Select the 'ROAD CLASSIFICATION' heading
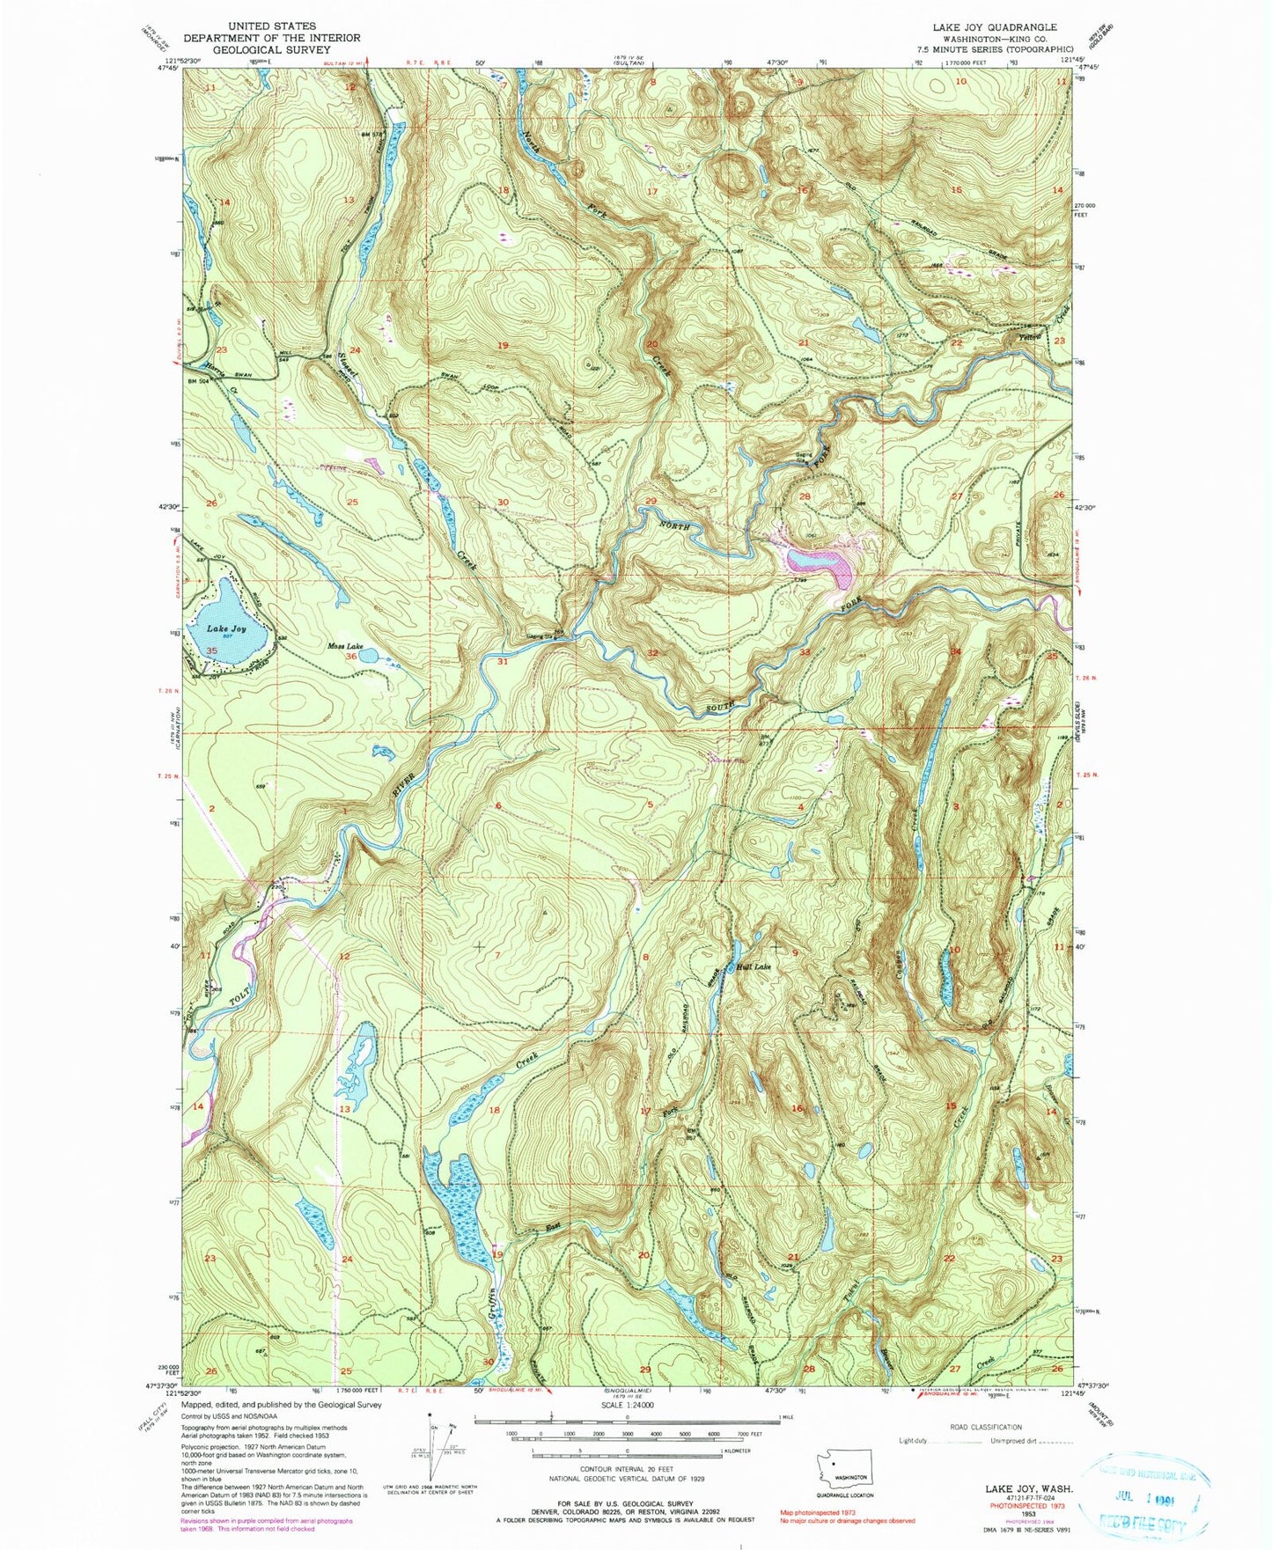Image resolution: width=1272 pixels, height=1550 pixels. tap(985, 1427)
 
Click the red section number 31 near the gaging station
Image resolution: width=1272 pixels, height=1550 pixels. tap(503, 661)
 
